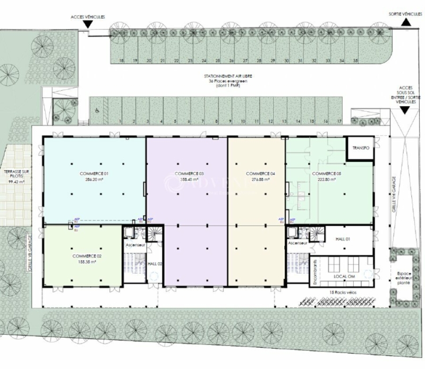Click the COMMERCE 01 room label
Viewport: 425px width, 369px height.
[94, 174]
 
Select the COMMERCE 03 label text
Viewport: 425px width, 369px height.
[190, 174]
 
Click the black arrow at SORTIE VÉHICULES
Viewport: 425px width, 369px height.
[404, 22]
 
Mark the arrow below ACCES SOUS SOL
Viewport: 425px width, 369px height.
[404, 110]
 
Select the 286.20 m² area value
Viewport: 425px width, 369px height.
[94, 180]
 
